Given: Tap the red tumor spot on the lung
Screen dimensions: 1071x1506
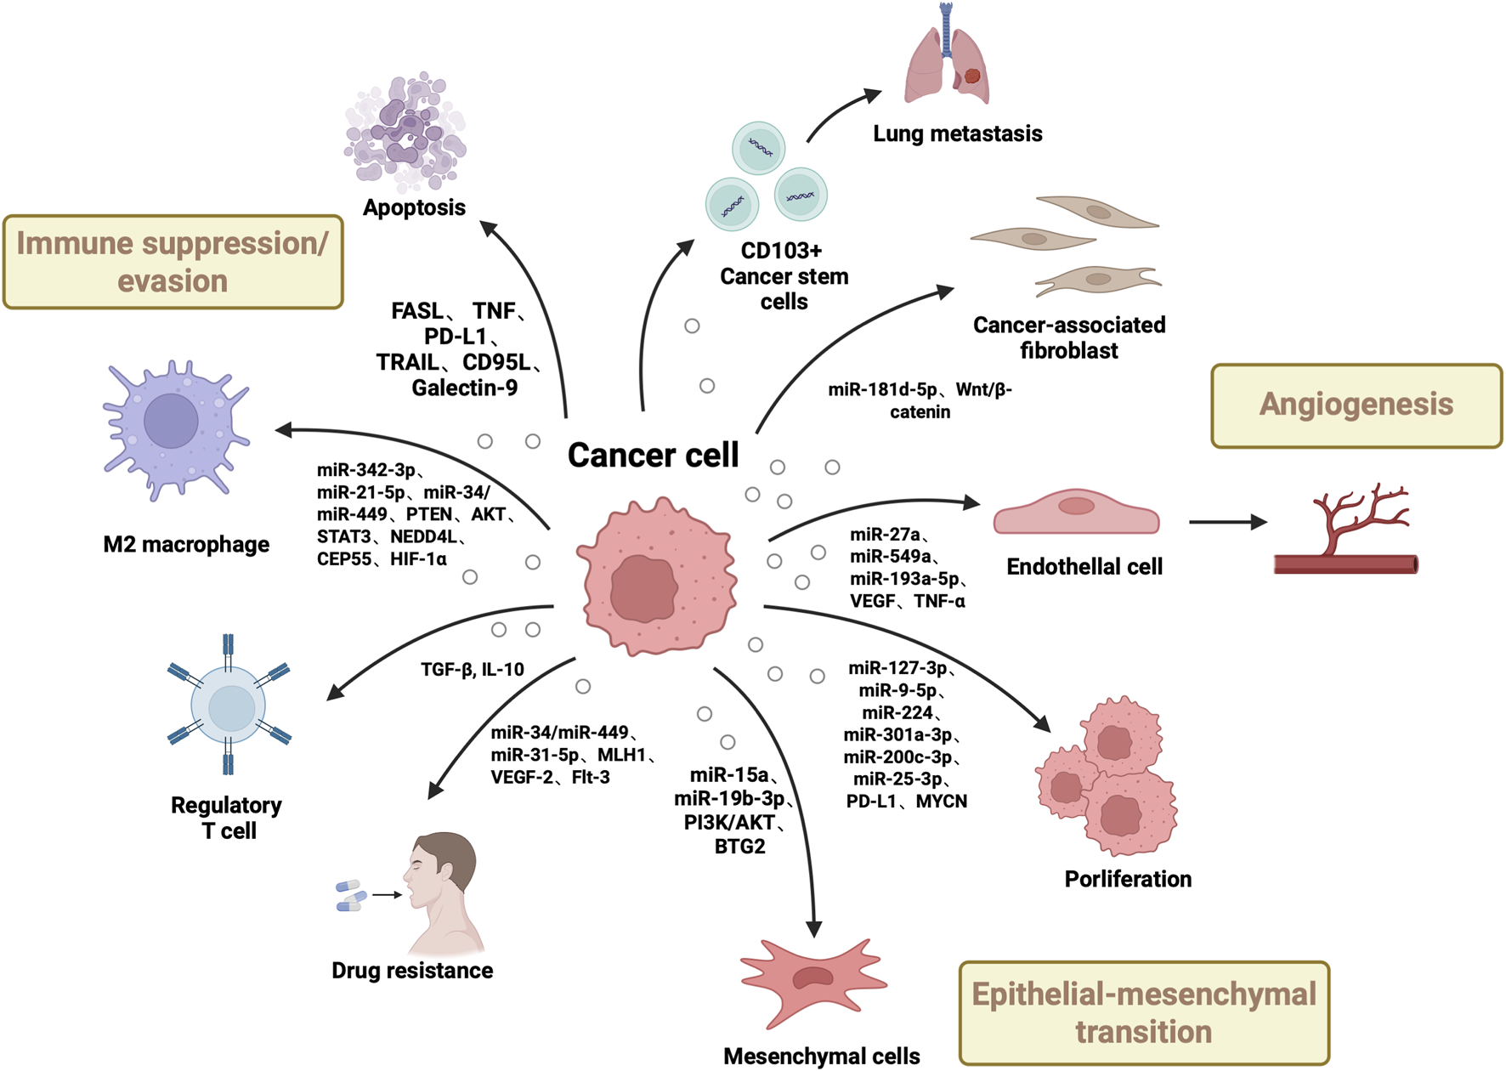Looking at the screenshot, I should tap(972, 76).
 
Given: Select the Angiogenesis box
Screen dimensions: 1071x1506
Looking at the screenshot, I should tap(1356, 405).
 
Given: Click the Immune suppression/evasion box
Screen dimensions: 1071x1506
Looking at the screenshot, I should tap(173, 262).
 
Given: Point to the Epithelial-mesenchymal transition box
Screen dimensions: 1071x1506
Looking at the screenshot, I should tap(1143, 1012).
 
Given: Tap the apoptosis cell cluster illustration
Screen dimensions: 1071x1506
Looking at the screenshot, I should tap(405, 132).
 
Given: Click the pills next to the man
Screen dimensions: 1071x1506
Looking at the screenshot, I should tap(349, 896).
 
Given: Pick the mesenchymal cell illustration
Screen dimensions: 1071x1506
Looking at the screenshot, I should tap(813, 981).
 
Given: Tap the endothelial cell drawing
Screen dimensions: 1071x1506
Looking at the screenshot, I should tap(1076, 513).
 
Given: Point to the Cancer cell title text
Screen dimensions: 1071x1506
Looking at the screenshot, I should tap(653, 456).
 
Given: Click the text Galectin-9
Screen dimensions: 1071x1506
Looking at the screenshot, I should tap(464, 388).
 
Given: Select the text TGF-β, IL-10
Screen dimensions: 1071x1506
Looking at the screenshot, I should tap(473, 670).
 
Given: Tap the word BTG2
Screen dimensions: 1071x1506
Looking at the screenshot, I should tap(739, 847).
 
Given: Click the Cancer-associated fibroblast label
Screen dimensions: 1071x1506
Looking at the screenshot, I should tap(1068, 337).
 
